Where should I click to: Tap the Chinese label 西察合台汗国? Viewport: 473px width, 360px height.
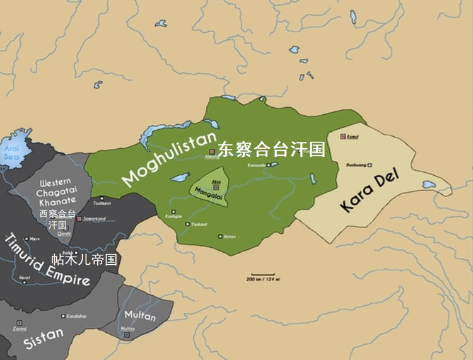click(x=57, y=219)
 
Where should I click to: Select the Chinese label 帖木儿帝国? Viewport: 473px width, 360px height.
click(x=84, y=259)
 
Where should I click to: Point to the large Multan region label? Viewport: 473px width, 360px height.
click(x=139, y=315)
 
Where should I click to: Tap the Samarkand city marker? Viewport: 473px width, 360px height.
click(x=79, y=218)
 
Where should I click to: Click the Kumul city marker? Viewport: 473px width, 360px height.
click(x=343, y=136)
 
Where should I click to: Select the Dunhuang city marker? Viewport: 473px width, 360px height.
click(x=370, y=165)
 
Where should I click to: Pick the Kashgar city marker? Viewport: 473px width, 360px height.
click(x=172, y=211)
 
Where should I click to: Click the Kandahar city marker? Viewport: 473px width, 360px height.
click(x=64, y=315)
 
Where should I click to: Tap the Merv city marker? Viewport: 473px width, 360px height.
click(x=26, y=238)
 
